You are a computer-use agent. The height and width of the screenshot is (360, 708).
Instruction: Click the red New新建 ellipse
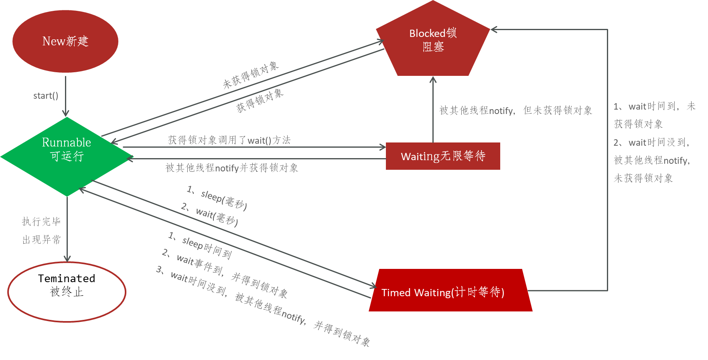pos(65,41)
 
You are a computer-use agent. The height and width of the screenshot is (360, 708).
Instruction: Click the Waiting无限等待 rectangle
pos(443,156)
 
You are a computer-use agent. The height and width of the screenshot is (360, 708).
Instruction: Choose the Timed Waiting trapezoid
pos(450,291)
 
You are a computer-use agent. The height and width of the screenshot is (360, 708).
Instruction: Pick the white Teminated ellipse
pos(67,292)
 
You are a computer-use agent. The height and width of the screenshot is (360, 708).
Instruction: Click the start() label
pos(46,96)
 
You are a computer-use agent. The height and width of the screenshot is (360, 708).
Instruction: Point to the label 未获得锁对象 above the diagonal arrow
pos(251,75)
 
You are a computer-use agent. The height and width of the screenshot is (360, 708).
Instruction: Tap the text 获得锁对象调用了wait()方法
pos(229,140)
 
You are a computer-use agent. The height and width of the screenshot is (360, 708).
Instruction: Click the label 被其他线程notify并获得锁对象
pos(231,168)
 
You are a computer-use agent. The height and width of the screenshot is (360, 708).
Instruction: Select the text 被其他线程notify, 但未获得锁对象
pos(515,110)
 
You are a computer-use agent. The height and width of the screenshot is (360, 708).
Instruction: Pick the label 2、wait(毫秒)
pos(210,214)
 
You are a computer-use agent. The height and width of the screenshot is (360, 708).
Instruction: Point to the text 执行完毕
pos(41,221)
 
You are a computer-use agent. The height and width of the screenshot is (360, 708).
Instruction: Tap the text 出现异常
pos(41,240)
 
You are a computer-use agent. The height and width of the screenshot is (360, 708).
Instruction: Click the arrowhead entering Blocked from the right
pos(494,29)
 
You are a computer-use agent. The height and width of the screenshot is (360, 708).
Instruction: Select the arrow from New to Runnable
pos(66,96)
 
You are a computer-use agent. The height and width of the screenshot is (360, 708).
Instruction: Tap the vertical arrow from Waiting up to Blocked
pos(433,108)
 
